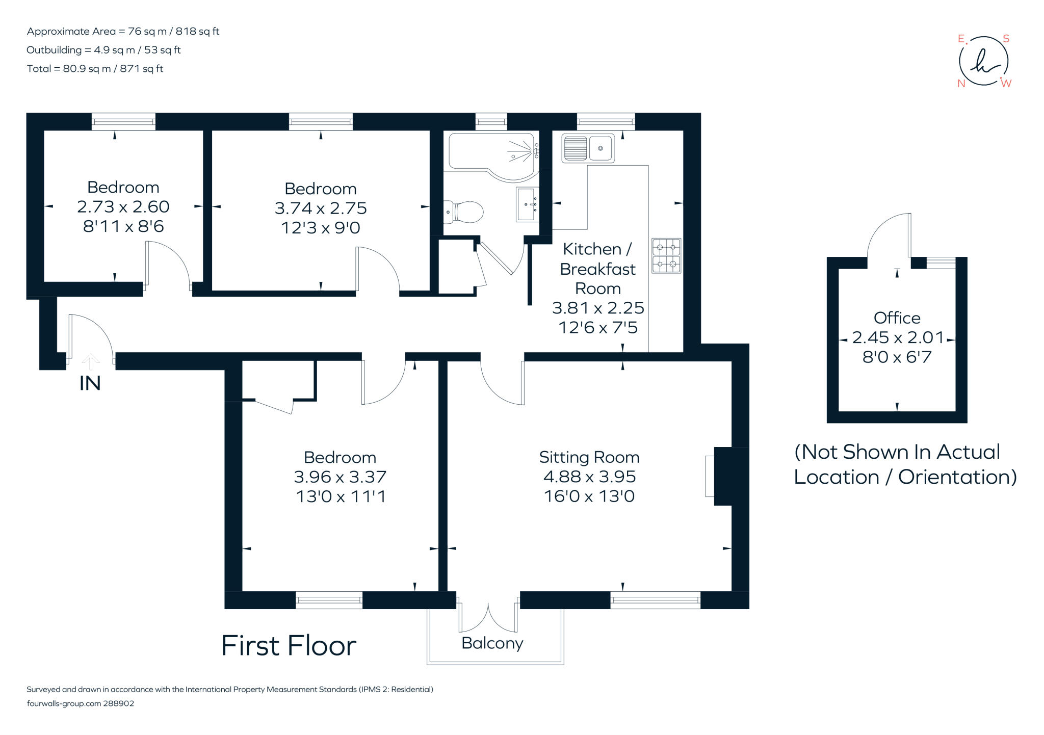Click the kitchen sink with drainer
pos(588,148)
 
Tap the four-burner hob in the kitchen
pos(666,256)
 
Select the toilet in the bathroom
pos(464,212)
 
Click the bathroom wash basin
pos(527,204)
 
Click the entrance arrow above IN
pos(91,361)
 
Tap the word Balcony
pos(492,643)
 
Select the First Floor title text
pos(289,646)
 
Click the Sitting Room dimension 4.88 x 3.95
pos(589,477)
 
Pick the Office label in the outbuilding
pos(897,318)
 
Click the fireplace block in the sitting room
pos(730,476)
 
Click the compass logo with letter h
pos(983,61)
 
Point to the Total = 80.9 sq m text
pos(95,69)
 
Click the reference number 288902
pos(119,703)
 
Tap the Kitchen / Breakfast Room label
pos(597,269)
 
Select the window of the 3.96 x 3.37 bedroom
pos(329,600)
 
